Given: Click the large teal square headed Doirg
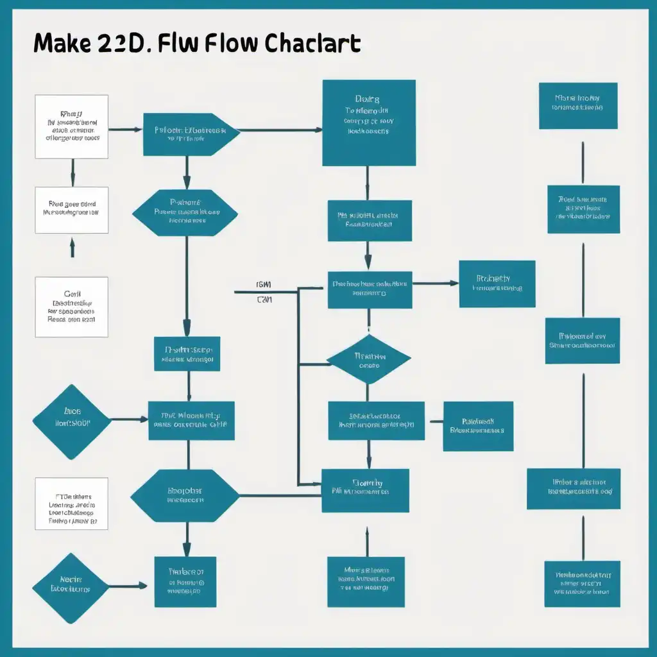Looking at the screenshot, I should [368, 123].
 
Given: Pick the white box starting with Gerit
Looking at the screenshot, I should [71, 307].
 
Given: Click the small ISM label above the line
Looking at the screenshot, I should [264, 284].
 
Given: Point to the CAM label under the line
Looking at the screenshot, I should [264, 300].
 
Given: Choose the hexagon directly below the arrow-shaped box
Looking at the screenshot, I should [186, 212].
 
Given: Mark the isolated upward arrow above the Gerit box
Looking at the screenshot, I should [72, 246].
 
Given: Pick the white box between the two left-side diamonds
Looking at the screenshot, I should [71, 504].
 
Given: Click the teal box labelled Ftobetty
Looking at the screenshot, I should [497, 284].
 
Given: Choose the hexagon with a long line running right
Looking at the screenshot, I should [185, 495].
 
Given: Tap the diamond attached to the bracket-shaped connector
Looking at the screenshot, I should [368, 360].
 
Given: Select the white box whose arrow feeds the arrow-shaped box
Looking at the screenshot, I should [71, 126].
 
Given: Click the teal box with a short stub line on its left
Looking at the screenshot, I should [477, 426].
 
